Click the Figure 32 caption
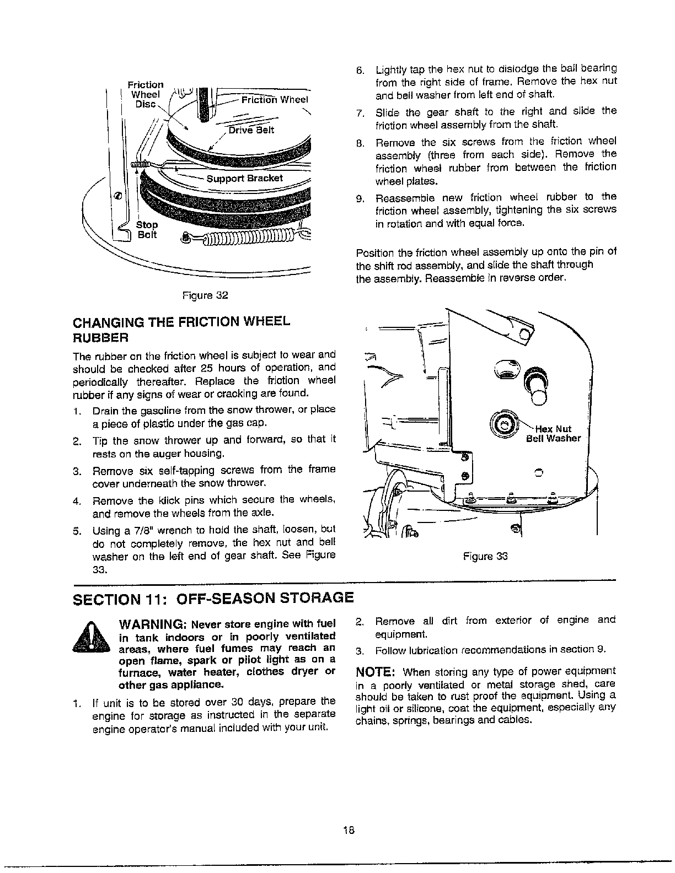205,295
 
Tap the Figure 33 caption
485,556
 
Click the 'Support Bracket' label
244,179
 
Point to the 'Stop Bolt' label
147,230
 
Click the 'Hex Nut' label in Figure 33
553,429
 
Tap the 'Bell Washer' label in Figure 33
553,439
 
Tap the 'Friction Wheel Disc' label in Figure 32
146,94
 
